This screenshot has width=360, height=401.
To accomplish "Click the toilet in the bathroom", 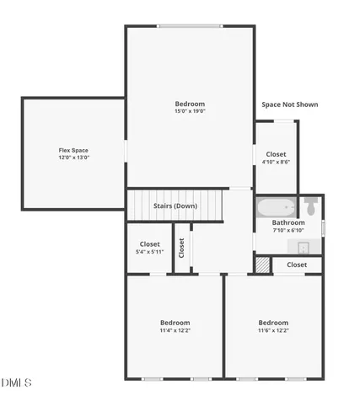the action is click(311, 206).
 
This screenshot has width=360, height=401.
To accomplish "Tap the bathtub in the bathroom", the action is click(277, 207).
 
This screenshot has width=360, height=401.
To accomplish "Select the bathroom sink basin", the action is click(304, 248).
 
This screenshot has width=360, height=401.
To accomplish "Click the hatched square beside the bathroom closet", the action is click(263, 265).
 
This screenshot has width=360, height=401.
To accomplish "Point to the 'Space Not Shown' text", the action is click(290, 104).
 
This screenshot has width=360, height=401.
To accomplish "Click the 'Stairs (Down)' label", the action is click(175, 206).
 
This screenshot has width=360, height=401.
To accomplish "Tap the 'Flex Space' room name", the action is click(73, 150).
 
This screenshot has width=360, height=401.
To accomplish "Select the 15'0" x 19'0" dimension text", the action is click(190, 111).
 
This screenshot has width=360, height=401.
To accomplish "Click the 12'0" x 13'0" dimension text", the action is click(73, 158).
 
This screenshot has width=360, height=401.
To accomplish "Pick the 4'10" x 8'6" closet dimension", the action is click(276, 162).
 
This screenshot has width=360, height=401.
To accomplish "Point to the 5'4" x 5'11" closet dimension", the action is click(149, 252).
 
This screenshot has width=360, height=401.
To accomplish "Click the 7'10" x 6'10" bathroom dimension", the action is click(288, 230).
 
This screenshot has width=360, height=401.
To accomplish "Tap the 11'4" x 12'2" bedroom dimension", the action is click(175, 330).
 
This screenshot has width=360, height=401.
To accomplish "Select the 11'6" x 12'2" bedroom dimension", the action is click(273, 330).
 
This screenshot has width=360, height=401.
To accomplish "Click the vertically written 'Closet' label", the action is click(181, 248).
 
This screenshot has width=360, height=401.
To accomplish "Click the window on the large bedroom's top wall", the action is click(190, 26).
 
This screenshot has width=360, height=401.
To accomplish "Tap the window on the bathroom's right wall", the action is click(323, 228).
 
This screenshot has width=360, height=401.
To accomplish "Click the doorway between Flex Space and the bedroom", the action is click(126, 151).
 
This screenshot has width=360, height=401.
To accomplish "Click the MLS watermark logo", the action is click(16, 382).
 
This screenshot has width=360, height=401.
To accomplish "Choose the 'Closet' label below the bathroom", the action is click(297, 265).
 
